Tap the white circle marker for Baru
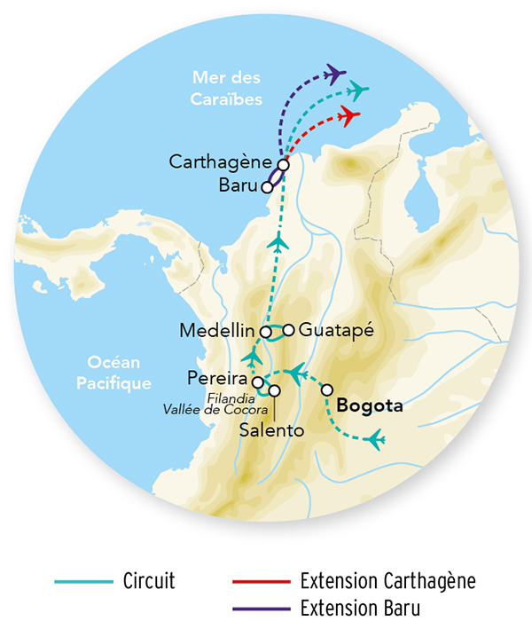point(267,186)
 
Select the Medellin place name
point(218,331)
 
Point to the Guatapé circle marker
point(288,329)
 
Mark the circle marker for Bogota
point(327,389)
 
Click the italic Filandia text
point(234,397)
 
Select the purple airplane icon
point(335,71)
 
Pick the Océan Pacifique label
point(119,372)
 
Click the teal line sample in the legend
point(83,582)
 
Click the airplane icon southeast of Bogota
point(376,438)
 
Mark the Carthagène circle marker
point(283,164)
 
